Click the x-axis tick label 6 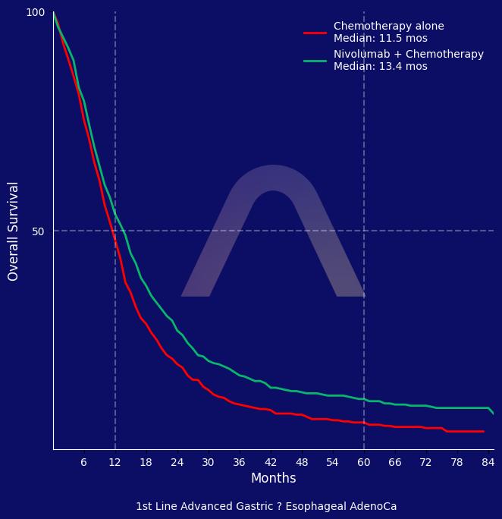tap(83, 462)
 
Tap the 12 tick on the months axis tap(115, 462)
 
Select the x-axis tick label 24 tap(177, 462)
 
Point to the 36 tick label tap(240, 462)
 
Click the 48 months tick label tap(302, 462)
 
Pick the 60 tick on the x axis tap(364, 462)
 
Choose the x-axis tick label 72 tap(426, 462)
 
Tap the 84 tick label tap(488, 462)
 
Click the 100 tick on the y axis tap(36, 13)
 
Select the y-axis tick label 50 tap(39, 231)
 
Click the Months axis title tap(274, 479)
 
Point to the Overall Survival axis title tap(14, 231)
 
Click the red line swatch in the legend tap(315, 33)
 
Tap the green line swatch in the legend tap(315, 61)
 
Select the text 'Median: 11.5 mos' tap(381, 39)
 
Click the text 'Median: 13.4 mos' tap(381, 67)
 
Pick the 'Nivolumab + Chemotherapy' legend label tap(409, 55)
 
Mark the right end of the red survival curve tap(484, 432)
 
